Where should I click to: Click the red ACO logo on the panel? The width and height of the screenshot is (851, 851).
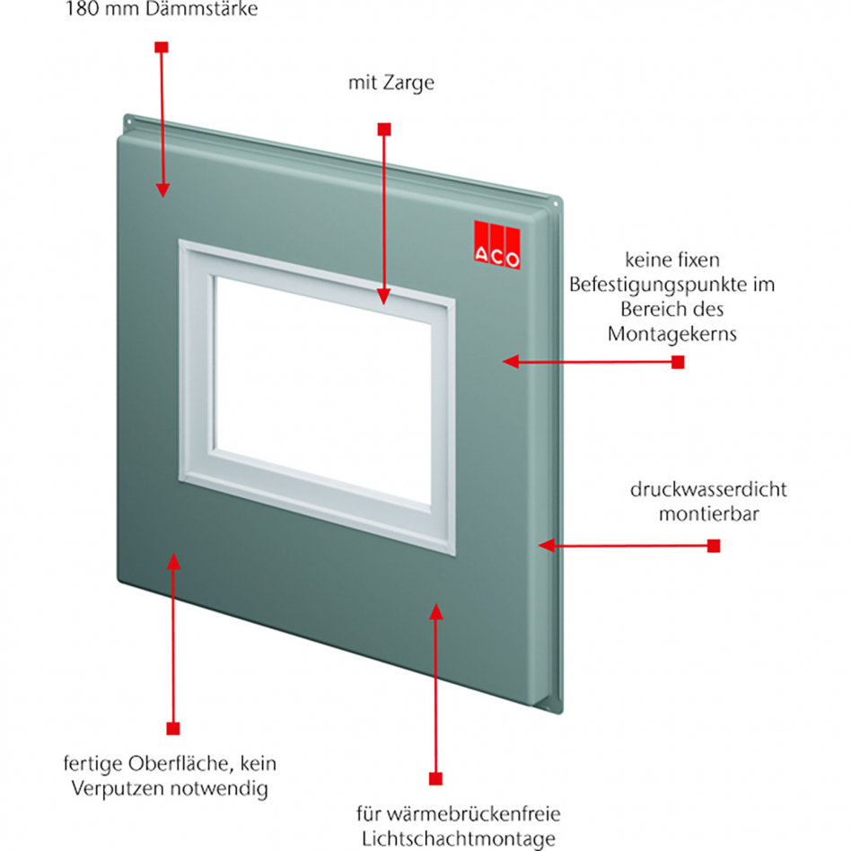(497, 244)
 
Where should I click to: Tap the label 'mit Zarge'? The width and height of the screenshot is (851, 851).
(390, 83)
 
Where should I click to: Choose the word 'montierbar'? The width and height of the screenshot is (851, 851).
(696, 515)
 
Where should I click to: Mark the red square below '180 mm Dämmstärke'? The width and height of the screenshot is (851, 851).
(161, 46)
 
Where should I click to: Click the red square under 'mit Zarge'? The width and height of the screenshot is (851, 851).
(383, 129)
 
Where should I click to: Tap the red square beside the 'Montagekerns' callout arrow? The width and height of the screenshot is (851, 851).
(678, 362)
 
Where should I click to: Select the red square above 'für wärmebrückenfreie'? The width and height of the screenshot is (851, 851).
(435, 777)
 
